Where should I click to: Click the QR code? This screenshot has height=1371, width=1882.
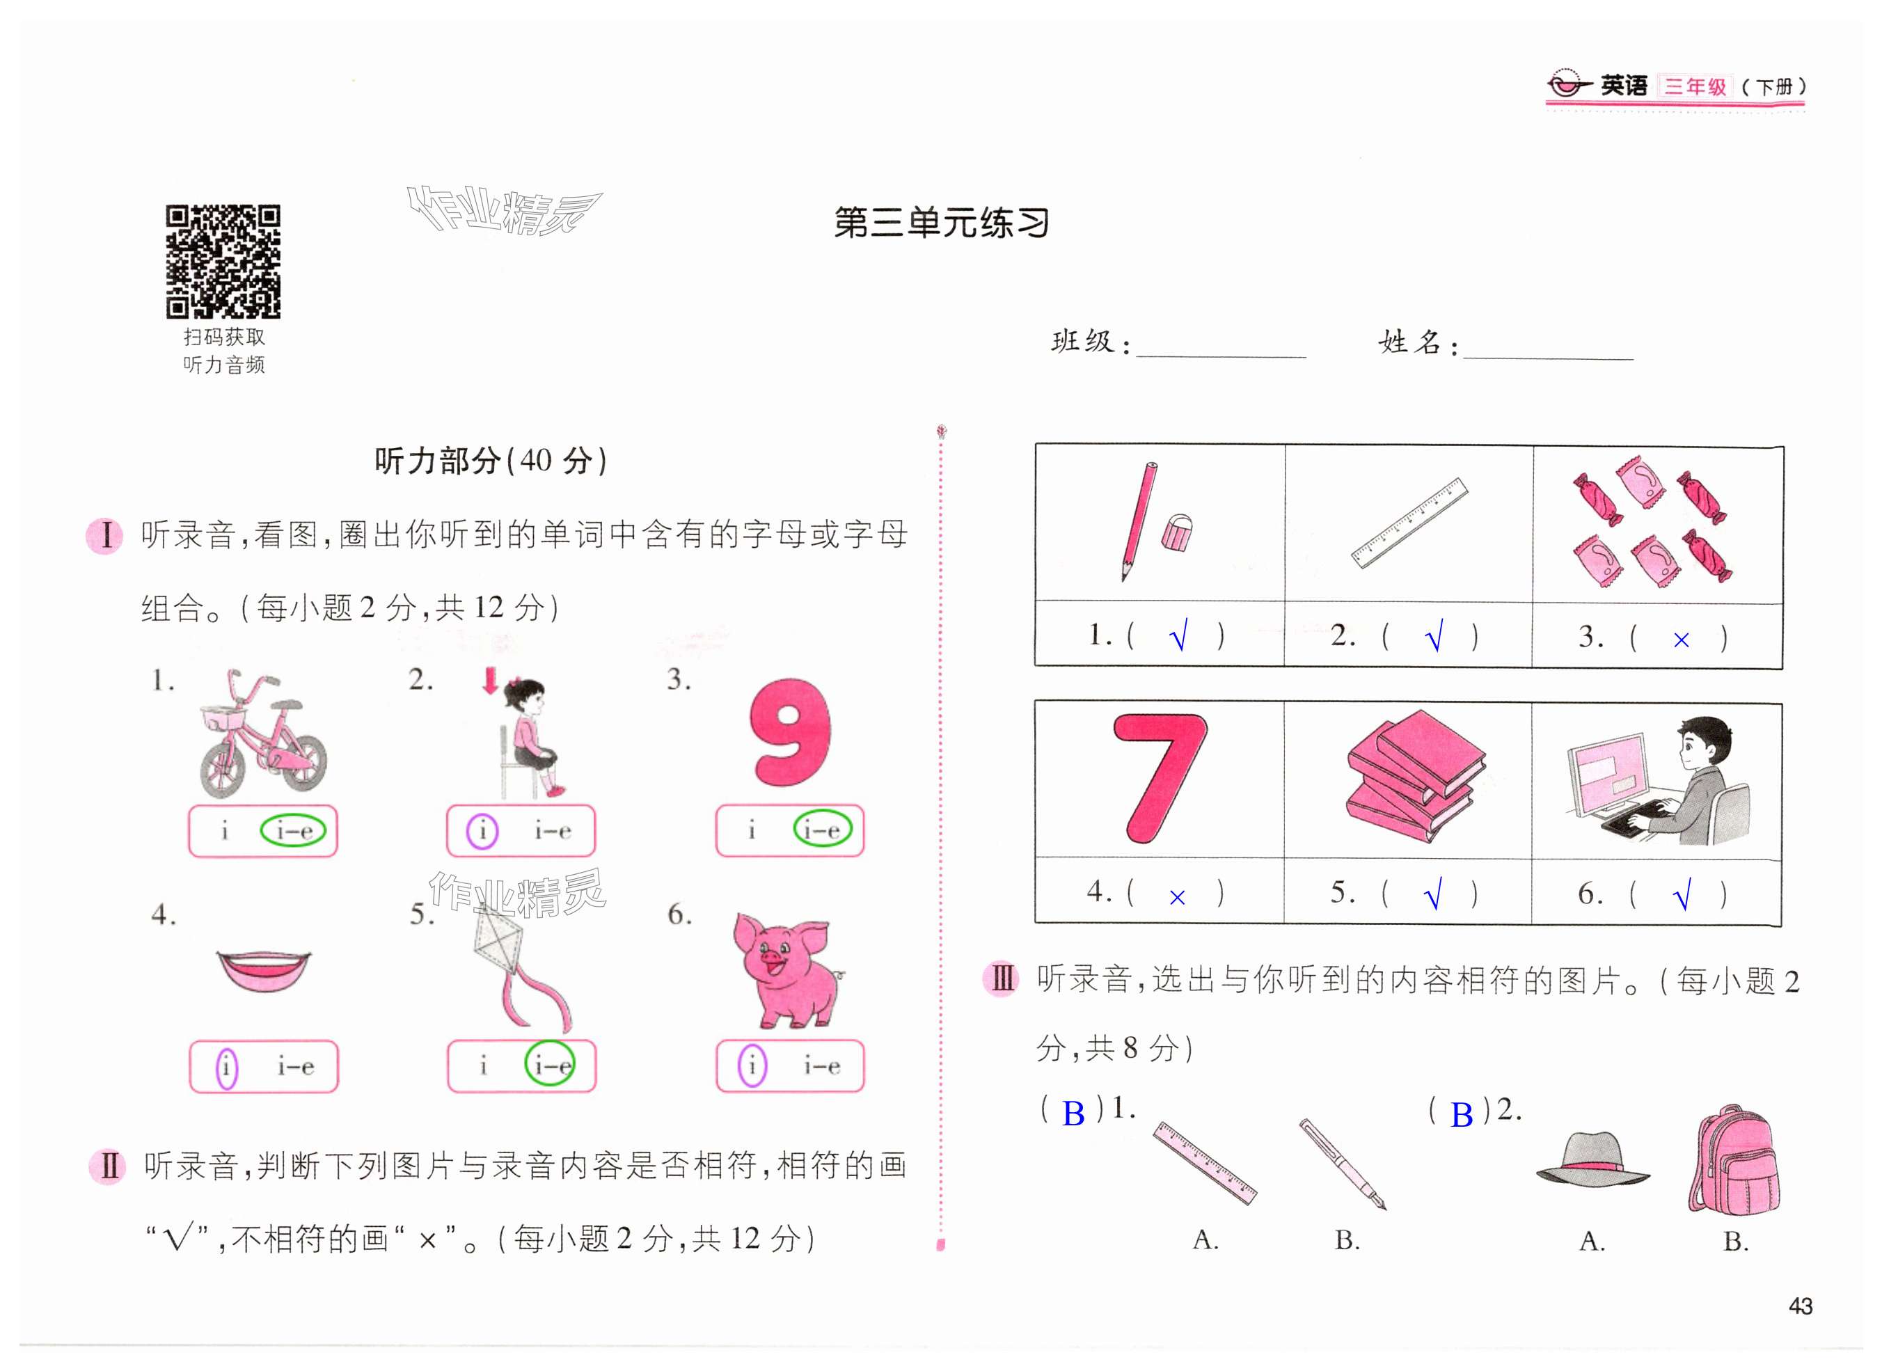coord(223,262)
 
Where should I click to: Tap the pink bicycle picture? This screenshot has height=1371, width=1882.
coord(263,734)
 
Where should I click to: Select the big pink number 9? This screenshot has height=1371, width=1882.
coord(790,732)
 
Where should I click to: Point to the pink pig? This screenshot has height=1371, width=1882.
coord(786,969)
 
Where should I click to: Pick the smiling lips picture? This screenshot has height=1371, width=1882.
coord(263,971)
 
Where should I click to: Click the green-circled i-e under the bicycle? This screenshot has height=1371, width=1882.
coord(293,830)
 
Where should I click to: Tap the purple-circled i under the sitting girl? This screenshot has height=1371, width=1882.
coord(482,831)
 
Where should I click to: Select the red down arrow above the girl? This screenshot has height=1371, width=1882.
coord(491,681)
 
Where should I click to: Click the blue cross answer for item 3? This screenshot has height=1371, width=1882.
coord(1681,640)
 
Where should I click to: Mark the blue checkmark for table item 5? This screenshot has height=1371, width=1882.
coord(1433,893)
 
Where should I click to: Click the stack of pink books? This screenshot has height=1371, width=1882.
coord(1414,775)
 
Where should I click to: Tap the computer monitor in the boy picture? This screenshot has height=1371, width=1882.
coord(1606,776)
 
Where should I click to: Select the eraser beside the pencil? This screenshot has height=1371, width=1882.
coord(1177,533)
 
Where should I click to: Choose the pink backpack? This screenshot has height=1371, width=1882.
coord(1734,1159)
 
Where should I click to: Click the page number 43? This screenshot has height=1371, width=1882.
coord(1800,1306)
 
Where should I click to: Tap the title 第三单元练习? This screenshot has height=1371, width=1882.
coord(941,223)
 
